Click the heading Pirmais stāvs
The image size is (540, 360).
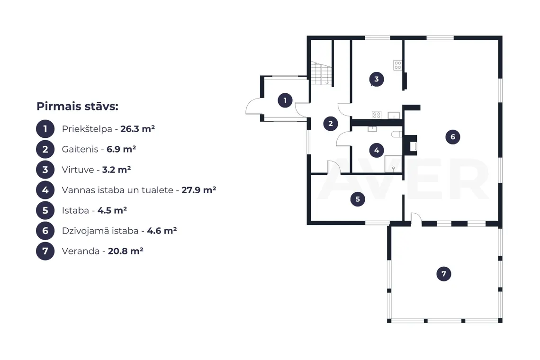[78, 106]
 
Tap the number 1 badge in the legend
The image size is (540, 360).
[45, 129]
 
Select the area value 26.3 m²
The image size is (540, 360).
[137, 128]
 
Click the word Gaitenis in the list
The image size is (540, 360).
[80, 149]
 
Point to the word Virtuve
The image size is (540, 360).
[78, 170]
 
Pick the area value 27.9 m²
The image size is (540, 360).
[199, 190]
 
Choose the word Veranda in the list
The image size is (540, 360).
[81, 251]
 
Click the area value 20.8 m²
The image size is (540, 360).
[126, 251]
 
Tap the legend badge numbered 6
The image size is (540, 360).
[45, 231]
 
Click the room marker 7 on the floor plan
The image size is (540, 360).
[443, 274]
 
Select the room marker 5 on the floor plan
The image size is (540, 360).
[358, 199]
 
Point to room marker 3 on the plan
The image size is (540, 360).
[377, 79]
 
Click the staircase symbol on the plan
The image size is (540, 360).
[321, 73]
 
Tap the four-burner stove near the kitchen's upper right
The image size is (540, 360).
[398, 65]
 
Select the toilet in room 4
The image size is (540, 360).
[397, 134]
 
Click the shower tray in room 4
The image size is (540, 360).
[393, 163]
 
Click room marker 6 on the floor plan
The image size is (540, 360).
[452, 137]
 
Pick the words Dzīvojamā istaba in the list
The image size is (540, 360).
[100, 231]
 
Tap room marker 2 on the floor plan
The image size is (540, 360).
[331, 123]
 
